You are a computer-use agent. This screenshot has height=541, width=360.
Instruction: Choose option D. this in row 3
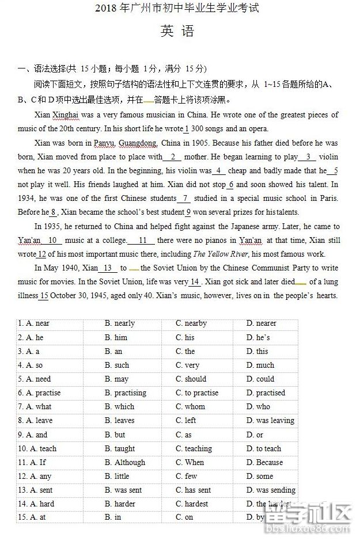(257, 351)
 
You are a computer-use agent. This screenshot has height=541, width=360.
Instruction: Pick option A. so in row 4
(31, 365)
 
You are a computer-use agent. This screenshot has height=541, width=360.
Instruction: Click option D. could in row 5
(260, 379)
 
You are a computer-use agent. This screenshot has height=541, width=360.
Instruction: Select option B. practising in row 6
(126, 393)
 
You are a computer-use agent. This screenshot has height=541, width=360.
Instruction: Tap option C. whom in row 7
(190, 406)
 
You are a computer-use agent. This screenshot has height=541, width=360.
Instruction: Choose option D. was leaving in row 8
(270, 421)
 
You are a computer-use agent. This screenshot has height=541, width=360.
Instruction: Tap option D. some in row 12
(259, 476)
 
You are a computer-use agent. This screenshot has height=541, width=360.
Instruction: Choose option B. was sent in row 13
(123, 490)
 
